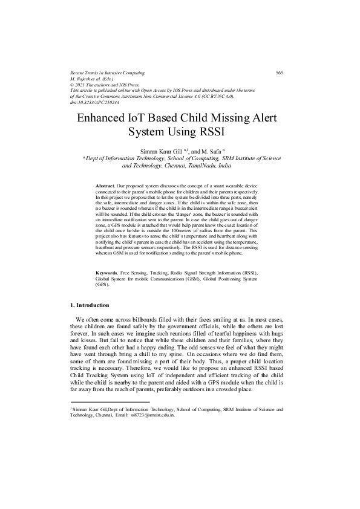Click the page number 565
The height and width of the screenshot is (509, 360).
pyautogui.click(x=280, y=73)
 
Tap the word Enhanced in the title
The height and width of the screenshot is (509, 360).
pyautogui.click(x=102, y=118)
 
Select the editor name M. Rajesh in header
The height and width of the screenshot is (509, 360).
pyautogui.click(x=83, y=79)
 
